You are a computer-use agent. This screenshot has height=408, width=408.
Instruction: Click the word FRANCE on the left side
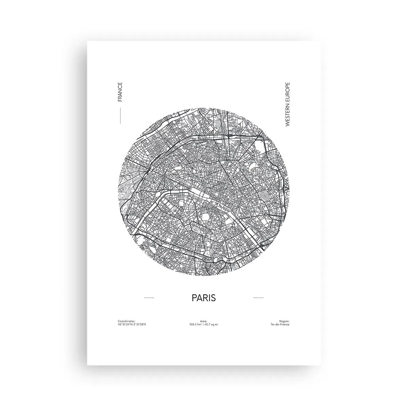(x=119, y=92)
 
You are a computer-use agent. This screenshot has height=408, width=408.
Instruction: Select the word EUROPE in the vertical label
(x=288, y=91)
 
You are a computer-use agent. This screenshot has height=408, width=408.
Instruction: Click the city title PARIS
(x=204, y=298)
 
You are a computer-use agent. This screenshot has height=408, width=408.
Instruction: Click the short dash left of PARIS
(x=149, y=298)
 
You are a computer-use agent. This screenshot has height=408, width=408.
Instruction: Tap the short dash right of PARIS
(x=258, y=298)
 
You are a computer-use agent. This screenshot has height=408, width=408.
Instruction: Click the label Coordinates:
(x=126, y=321)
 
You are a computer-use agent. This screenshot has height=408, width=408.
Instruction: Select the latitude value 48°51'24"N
(x=124, y=324)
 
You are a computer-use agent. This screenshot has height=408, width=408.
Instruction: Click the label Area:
(x=204, y=321)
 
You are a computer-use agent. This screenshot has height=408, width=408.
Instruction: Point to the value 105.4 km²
(x=196, y=324)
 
